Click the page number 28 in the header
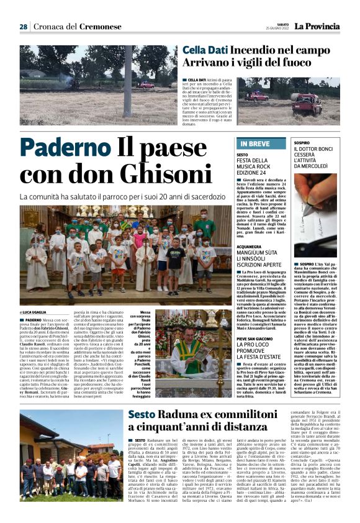[23, 27]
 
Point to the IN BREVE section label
[255, 143]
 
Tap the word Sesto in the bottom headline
[142, 416]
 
